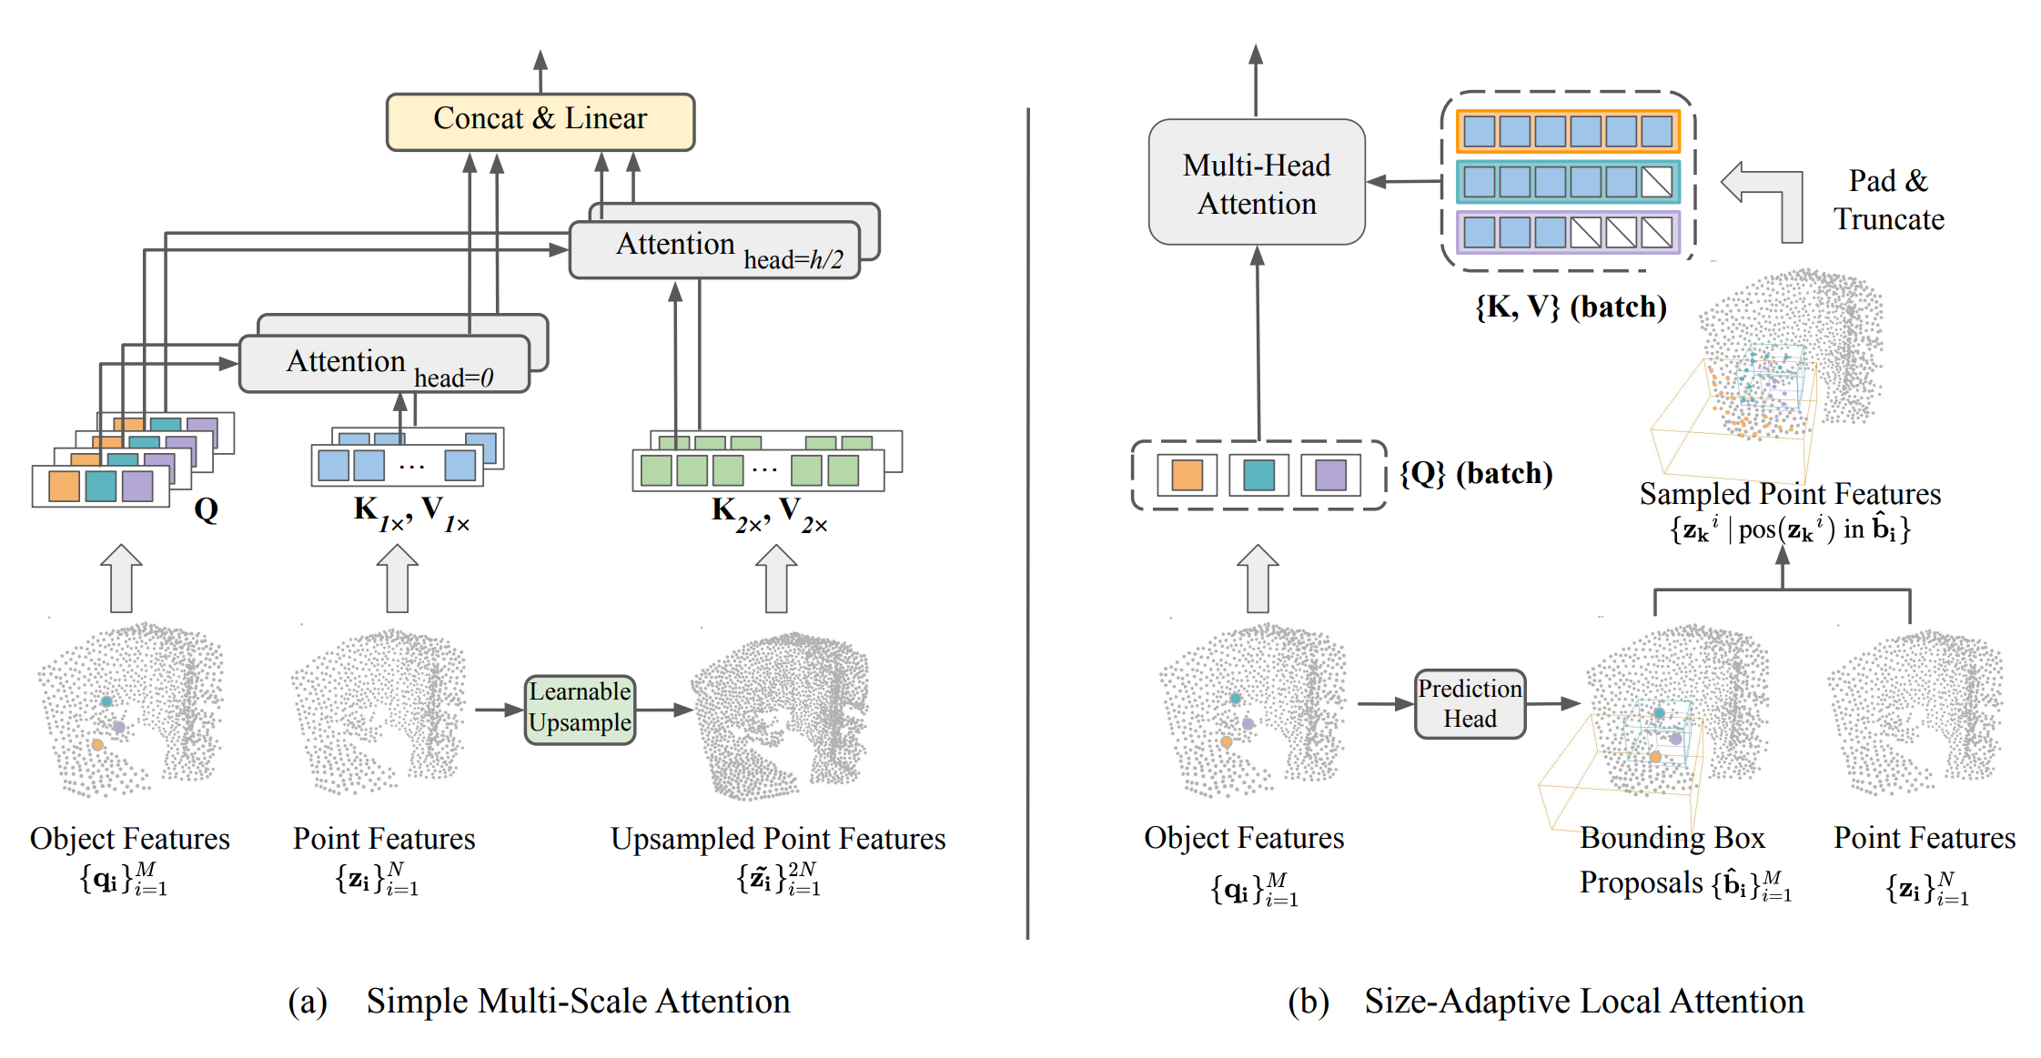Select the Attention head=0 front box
pyautogui.click(x=384, y=364)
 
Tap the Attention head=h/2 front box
pyautogui.click(x=714, y=249)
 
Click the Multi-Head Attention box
pyautogui.click(x=1257, y=183)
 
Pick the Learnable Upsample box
pyautogui.click(x=580, y=710)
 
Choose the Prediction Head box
pyautogui.click(x=1470, y=704)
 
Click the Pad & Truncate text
pyautogui.click(x=1888, y=200)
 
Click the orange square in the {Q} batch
pyautogui.click(x=1187, y=475)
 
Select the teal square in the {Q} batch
pyautogui.click(x=1258, y=475)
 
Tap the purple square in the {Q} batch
pyautogui.click(x=1330, y=475)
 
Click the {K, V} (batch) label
pyautogui.click(x=1571, y=307)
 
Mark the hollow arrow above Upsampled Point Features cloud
pyautogui.click(x=776, y=579)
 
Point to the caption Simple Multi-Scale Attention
pyautogui.click(x=578, y=1002)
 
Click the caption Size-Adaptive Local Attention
pyautogui.click(x=1583, y=1002)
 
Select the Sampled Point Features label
pyautogui.click(x=1790, y=494)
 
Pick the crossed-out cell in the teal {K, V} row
pyautogui.click(x=1656, y=183)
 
